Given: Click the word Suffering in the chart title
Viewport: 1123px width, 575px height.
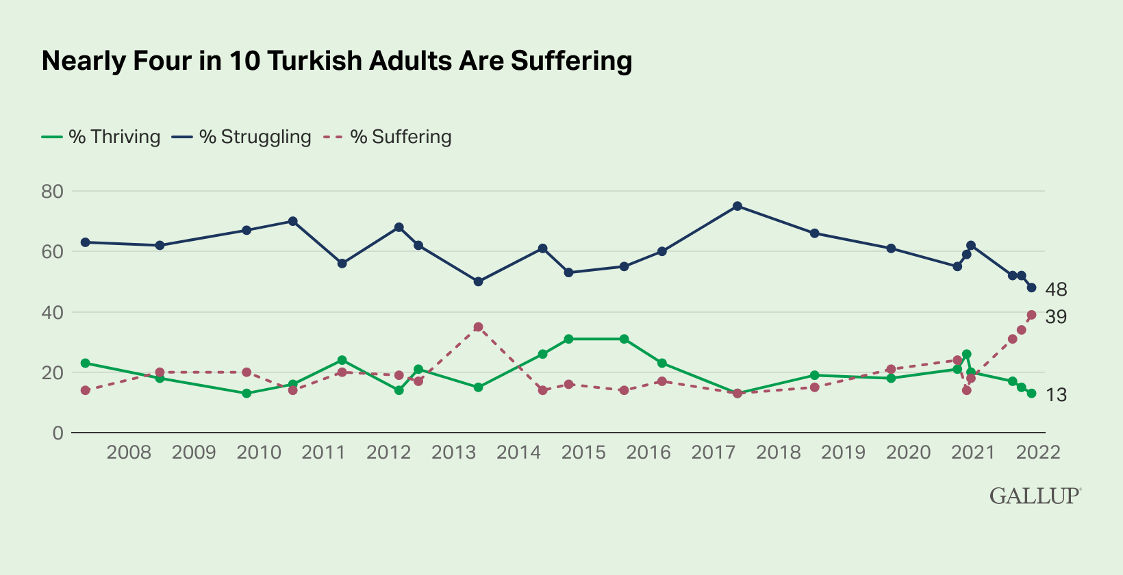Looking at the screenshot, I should tap(571, 61).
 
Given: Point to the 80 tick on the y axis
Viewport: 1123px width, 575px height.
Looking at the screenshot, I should tap(52, 192).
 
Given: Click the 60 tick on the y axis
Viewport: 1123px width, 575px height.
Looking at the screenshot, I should tap(52, 252).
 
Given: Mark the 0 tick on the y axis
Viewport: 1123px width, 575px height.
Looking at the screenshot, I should tap(58, 433).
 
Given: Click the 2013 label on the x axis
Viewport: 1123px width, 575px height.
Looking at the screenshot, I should tap(453, 452).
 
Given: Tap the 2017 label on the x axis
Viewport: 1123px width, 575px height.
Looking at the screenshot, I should tap(714, 452).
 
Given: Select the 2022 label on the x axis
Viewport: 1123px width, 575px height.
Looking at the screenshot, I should tap(1038, 452).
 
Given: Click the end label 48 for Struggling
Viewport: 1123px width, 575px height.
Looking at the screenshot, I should tap(1056, 290).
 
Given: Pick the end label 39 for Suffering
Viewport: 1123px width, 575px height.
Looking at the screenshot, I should tap(1056, 317).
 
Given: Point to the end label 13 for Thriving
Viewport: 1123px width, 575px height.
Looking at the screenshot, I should tap(1056, 395).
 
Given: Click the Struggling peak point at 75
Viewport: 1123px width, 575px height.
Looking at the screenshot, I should tap(737, 206).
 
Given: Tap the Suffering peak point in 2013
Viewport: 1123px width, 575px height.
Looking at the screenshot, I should tap(479, 327).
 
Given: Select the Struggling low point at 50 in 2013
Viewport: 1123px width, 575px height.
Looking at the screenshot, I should tap(479, 281).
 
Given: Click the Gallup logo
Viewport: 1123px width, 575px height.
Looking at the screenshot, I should tap(1035, 496).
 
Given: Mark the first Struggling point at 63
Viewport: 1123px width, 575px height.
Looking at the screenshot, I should tap(86, 242).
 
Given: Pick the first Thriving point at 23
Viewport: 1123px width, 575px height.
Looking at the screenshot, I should tap(86, 363).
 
